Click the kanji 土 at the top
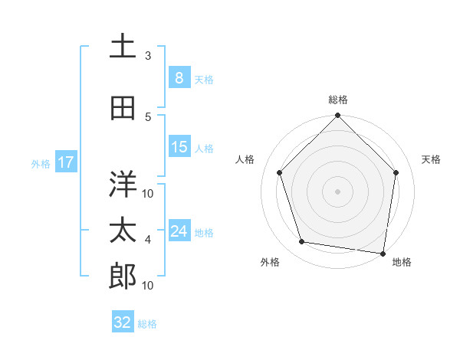pos(123,46)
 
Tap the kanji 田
pos(123,108)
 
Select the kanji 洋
pos(123,184)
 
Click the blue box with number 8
pos(179,78)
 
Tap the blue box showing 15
pos(179,147)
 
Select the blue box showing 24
pos(179,231)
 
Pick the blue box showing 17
pos(65,162)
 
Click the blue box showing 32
pos(123,322)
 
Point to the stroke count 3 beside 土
pos(148,56)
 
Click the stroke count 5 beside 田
pos(148,117)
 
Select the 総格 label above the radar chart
pos(338,100)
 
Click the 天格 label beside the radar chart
pos(432,159)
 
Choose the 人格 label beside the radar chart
pos(245,159)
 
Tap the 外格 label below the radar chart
pos(270,262)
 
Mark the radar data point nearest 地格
pos(383,253)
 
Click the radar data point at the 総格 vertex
pos(338,116)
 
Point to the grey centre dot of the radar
pos(338,191)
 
